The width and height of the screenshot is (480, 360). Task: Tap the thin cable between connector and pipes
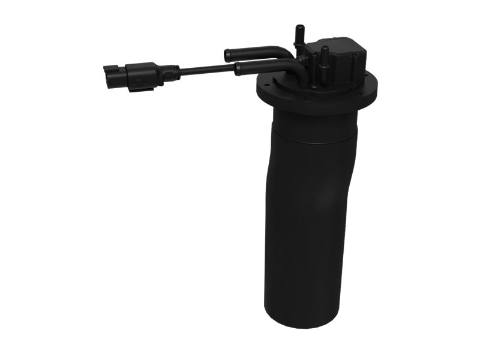(x=204, y=70)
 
